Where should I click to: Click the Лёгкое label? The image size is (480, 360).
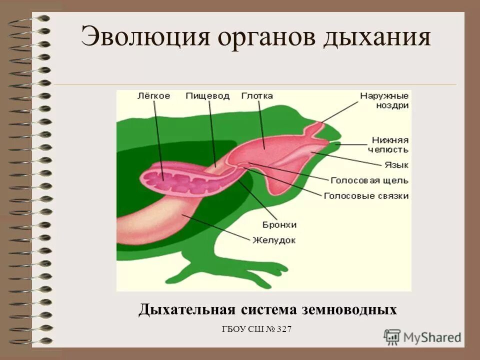click(x=153, y=95)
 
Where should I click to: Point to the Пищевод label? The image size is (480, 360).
click(x=207, y=95)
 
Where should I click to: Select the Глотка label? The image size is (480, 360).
click(x=256, y=95)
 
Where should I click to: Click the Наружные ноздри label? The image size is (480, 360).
click(x=384, y=100)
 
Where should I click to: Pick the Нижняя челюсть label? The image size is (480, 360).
click(x=390, y=144)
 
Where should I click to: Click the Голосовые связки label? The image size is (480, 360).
click(x=366, y=196)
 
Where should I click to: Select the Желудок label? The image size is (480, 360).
click(x=273, y=240)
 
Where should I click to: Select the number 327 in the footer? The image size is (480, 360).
click(x=281, y=329)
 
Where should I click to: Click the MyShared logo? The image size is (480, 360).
click(x=423, y=336)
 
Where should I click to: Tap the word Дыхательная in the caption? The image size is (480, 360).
click(x=187, y=309)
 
